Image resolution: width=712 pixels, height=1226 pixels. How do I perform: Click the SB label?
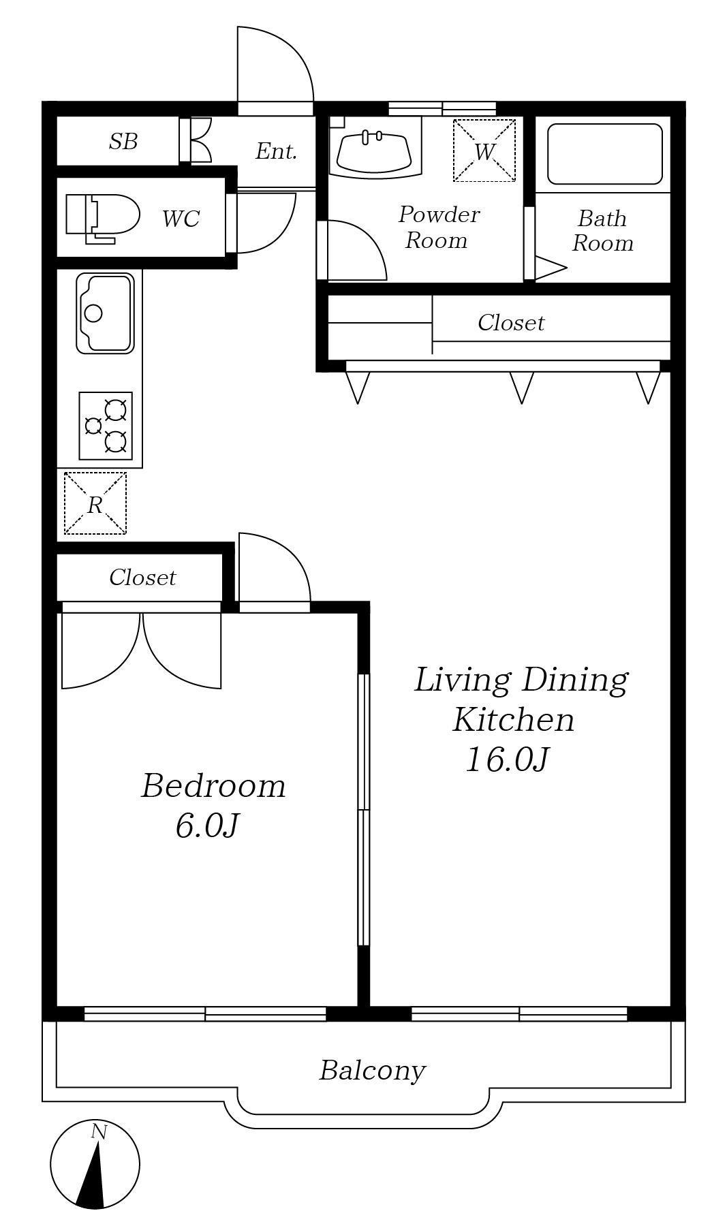coord(123,142)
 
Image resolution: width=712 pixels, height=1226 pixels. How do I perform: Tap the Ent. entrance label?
coord(276,151)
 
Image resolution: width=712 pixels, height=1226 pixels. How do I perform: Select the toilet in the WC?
coord(103,218)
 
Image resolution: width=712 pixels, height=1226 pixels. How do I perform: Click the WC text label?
coord(181,219)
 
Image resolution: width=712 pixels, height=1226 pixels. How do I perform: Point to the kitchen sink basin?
coord(105,313)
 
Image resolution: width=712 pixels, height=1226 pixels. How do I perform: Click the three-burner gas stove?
coord(106,426)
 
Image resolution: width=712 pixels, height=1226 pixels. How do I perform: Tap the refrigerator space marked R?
coord(95,503)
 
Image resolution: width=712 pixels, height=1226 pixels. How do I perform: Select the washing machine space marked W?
coord(484,151)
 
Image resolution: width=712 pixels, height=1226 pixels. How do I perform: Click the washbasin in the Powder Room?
coord(375,151)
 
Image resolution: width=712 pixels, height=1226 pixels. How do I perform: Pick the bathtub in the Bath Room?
coord(605,154)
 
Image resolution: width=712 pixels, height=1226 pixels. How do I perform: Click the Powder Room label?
coord(438,227)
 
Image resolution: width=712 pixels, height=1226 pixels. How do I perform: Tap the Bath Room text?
coord(602,231)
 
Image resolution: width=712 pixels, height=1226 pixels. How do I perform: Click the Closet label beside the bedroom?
coord(142,578)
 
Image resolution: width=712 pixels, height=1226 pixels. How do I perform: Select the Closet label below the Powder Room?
coord(511,322)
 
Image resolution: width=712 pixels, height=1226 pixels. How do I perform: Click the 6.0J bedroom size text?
coord(206,826)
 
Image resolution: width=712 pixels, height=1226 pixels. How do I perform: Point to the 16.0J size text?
coord(507,759)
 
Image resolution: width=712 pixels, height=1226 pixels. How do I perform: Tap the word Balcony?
coord(372,1070)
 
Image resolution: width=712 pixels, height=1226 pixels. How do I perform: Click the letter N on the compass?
coord(99,1132)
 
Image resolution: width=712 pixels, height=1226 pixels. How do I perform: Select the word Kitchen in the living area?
coord(514,720)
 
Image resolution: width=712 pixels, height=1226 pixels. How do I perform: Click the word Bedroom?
coord(213,786)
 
